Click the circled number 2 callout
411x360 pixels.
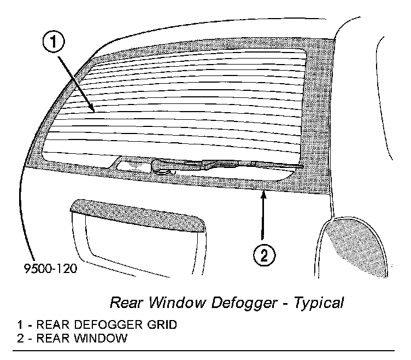tap(264, 256)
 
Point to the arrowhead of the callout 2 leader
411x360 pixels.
tap(264, 191)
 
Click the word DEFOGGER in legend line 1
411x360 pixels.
tap(107, 325)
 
